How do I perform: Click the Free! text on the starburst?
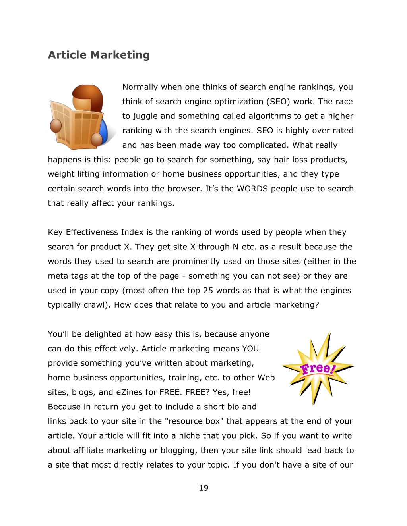click(318, 369)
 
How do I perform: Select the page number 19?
click(203, 488)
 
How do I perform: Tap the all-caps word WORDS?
click(252, 189)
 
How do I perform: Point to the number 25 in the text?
click(208, 291)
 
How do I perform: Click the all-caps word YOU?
click(250, 349)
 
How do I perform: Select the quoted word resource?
click(186, 421)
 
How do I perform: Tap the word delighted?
click(104, 334)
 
